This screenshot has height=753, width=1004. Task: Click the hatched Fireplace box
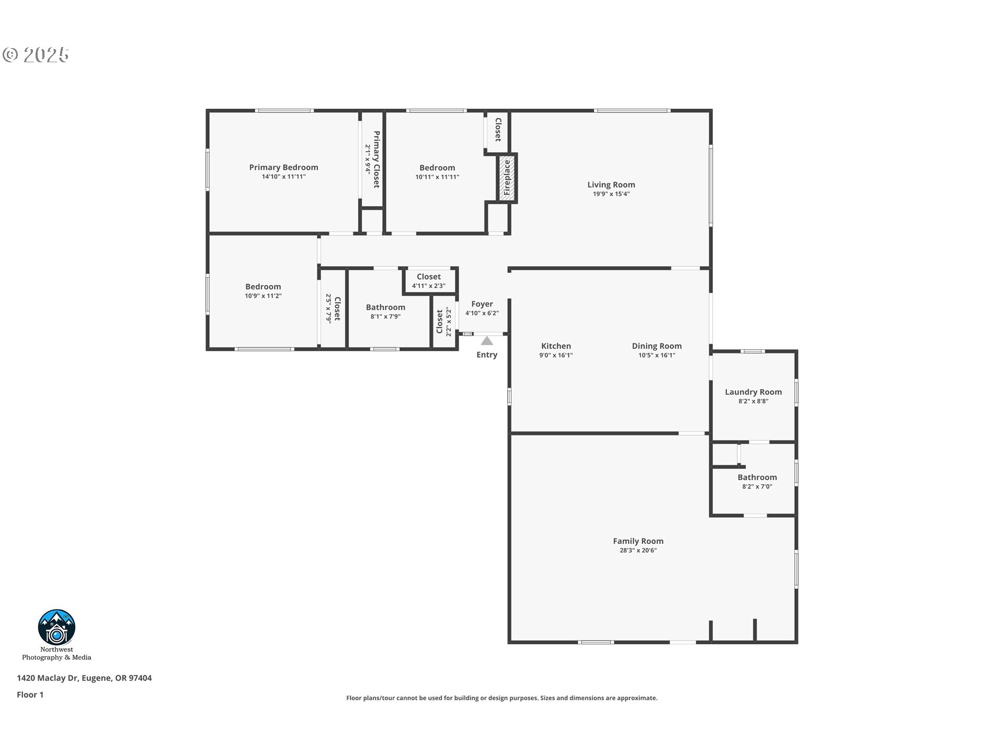coord(507,178)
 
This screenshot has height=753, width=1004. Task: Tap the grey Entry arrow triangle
coord(487,341)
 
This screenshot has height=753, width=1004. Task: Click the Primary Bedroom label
coord(283,167)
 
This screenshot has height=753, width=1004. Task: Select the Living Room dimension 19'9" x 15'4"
coord(611,194)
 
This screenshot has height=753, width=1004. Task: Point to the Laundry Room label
coord(753,392)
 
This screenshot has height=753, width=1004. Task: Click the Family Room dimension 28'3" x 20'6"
coord(637,551)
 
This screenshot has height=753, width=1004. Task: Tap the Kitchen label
coord(556,346)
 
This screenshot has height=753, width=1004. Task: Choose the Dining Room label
coord(656,346)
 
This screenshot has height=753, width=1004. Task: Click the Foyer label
coord(482,304)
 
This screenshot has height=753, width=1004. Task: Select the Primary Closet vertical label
coord(376,159)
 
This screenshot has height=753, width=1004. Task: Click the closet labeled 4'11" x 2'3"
coord(428,281)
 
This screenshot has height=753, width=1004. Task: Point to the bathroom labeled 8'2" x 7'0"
coord(757,482)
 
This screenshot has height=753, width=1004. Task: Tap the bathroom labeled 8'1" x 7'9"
coord(385,312)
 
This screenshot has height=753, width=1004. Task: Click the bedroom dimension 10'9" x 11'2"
coord(263,296)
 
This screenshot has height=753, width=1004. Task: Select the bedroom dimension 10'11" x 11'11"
coord(437,177)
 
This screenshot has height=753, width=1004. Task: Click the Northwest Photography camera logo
coord(56,627)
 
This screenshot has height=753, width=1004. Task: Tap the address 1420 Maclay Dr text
coord(84,678)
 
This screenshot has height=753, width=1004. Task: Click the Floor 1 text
coord(30,695)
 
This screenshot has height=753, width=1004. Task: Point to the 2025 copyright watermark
coord(36,55)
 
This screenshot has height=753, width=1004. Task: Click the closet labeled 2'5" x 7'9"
coord(333,309)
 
